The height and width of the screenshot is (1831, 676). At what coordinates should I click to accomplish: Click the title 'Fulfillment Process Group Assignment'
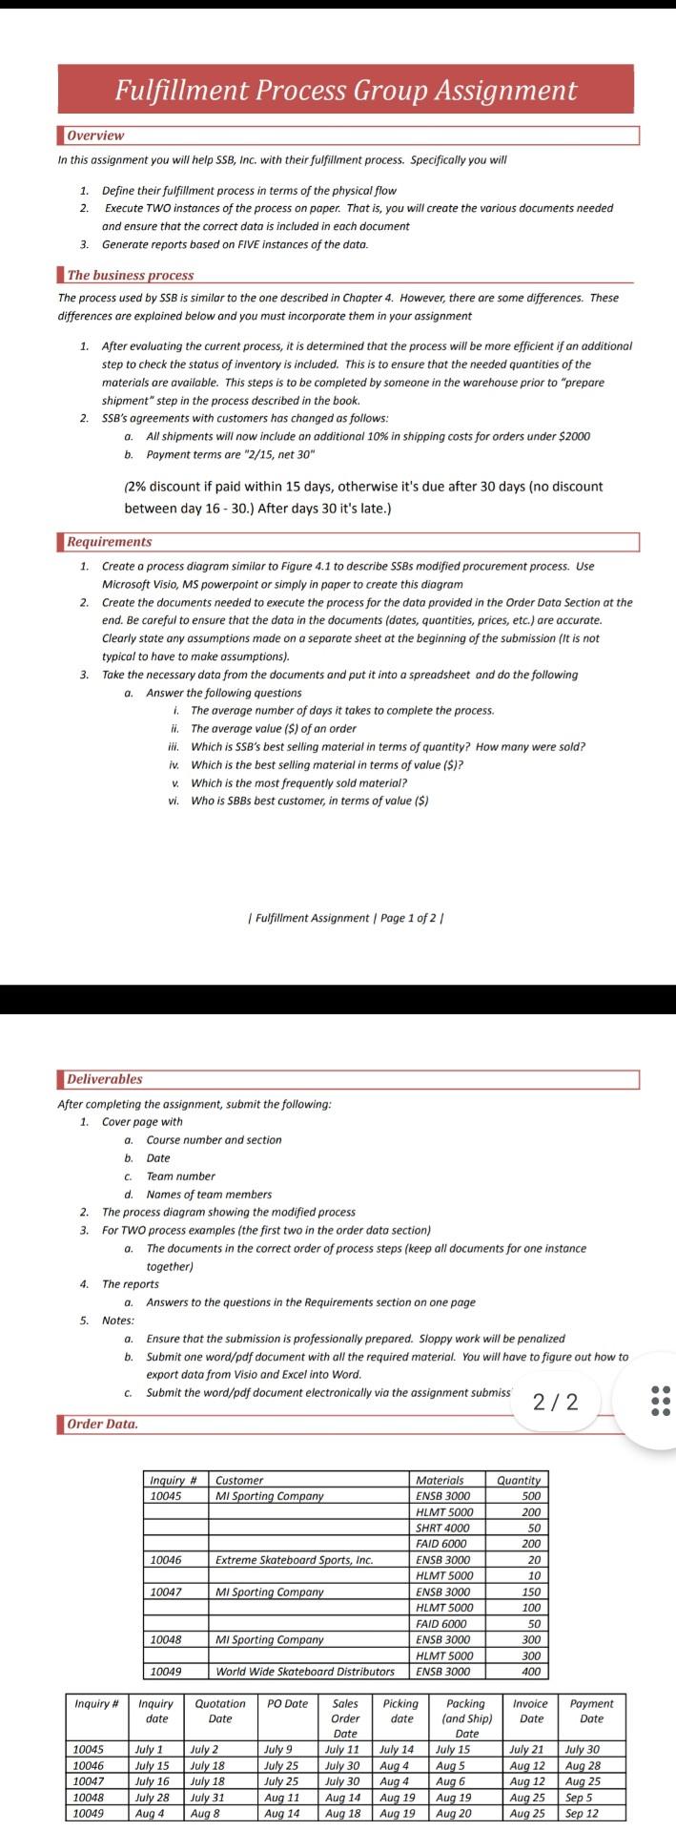click(345, 90)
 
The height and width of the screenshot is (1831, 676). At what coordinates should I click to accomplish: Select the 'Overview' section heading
click(95, 135)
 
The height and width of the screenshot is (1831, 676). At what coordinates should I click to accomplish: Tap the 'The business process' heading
click(130, 275)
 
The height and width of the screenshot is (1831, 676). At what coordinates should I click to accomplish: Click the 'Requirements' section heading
click(109, 542)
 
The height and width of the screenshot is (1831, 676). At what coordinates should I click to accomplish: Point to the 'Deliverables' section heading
click(105, 1079)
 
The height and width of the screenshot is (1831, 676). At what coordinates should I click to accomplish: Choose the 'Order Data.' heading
click(102, 1424)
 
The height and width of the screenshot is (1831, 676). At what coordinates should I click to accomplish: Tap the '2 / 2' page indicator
click(555, 1401)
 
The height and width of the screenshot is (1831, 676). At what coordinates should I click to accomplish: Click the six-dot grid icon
click(660, 1400)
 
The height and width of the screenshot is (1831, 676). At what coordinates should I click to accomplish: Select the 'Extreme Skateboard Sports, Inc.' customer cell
click(294, 1560)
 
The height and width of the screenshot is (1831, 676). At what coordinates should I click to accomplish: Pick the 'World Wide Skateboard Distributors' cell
click(305, 1671)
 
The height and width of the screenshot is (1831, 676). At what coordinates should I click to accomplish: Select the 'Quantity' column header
click(519, 1480)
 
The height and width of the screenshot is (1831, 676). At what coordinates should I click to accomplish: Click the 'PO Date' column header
click(287, 1703)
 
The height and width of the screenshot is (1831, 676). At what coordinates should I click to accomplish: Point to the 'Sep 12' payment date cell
click(582, 1813)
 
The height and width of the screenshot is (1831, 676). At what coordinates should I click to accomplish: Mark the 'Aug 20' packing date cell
click(453, 1813)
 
